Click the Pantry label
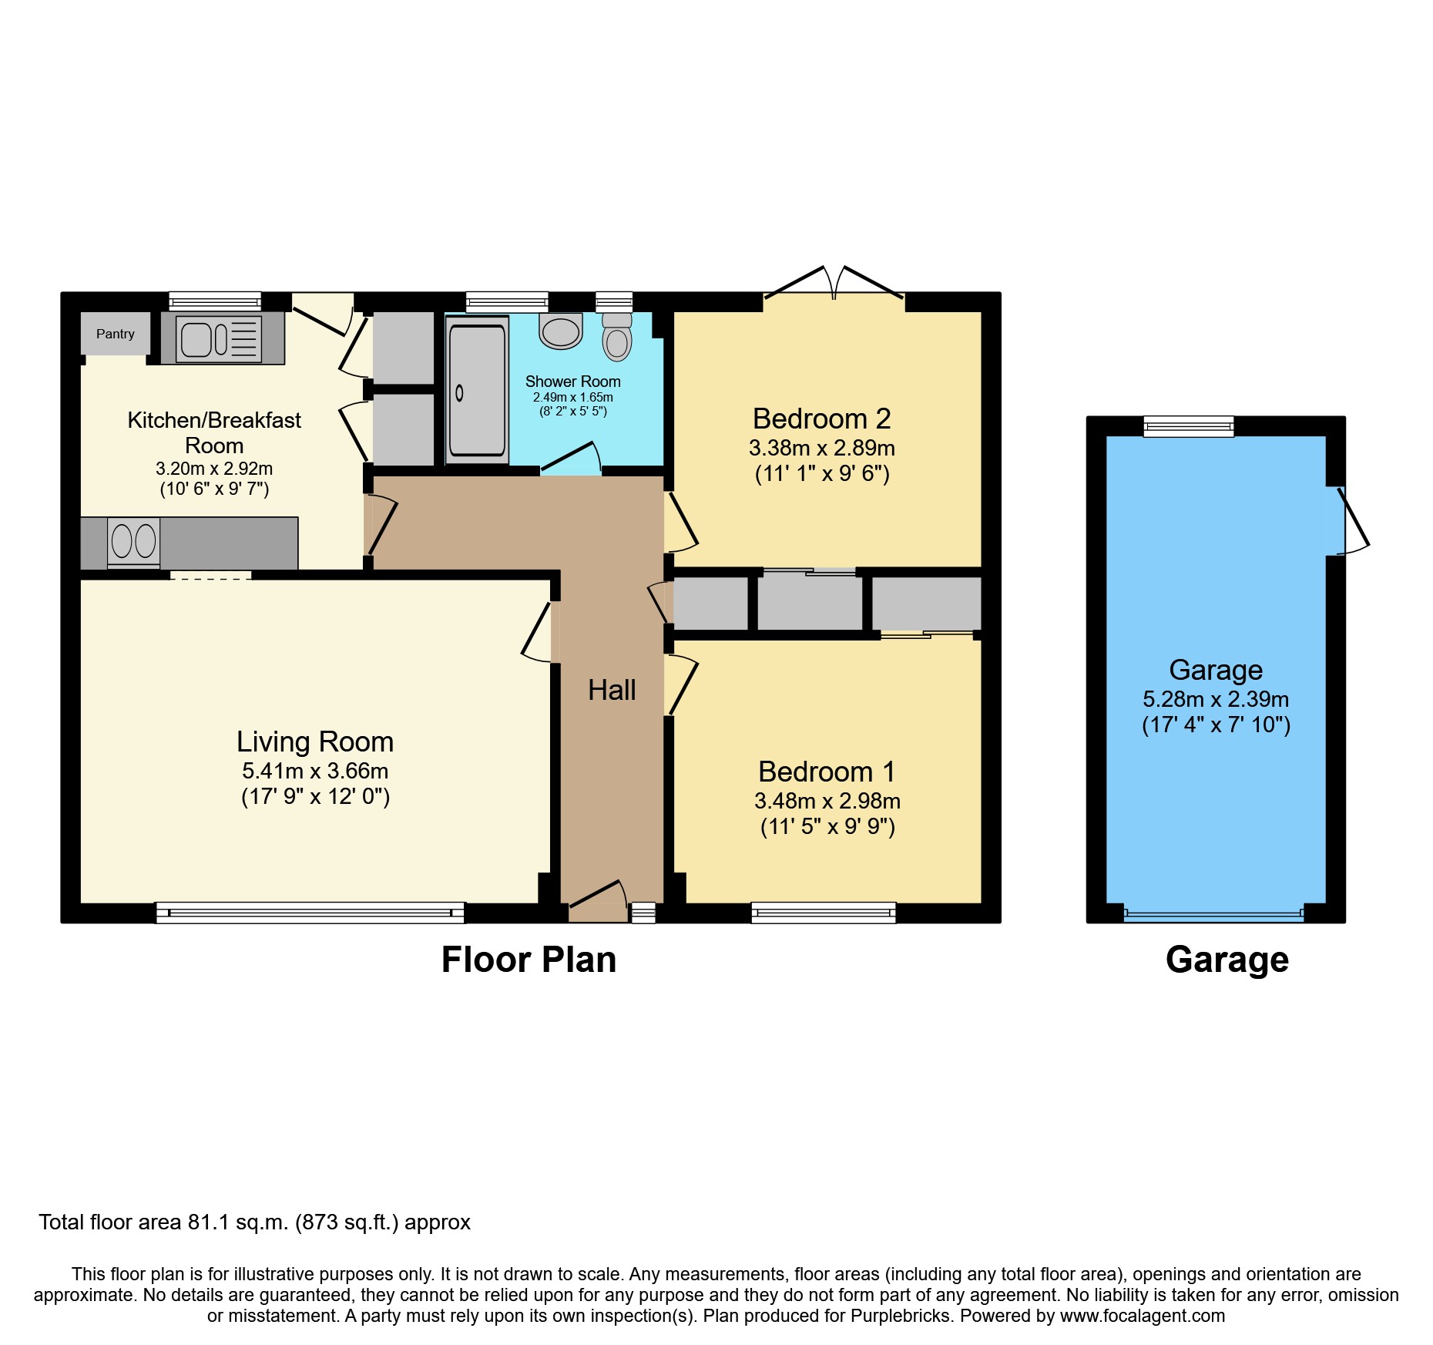pos(115,334)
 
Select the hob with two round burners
pos(134,541)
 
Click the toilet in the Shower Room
pos(616,339)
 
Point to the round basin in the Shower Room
pos(561,331)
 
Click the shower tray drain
pos(459,393)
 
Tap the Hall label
pos(612,690)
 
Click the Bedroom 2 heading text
pos(821,419)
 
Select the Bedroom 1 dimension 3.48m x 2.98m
pos(827,801)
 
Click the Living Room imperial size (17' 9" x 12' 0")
pos(315,796)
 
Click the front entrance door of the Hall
pos(598,902)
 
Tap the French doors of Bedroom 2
pos(834,284)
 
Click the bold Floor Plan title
pos(529,960)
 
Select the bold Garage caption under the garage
pos(1227,960)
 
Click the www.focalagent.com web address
pos(1142,1316)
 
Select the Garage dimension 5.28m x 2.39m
pos(1215,699)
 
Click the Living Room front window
pos(310,913)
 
